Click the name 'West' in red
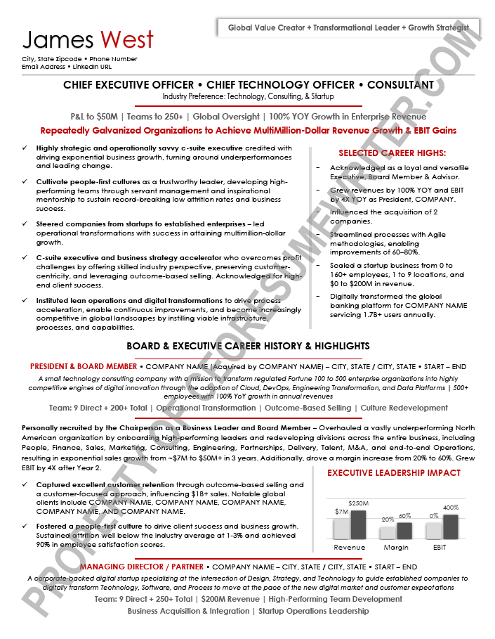tap(127, 40)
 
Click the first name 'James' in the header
tap(58, 40)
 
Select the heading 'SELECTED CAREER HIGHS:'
tap(392, 153)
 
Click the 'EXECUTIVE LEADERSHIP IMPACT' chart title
tap(394, 473)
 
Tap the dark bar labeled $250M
tap(358, 524)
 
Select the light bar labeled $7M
tap(341, 528)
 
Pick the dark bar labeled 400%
tap(450, 527)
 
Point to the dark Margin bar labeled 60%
tap(404, 530)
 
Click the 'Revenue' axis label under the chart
tap(349, 547)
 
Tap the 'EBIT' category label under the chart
tap(440, 547)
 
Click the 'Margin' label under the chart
tap(396, 547)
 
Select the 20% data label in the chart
tap(388, 519)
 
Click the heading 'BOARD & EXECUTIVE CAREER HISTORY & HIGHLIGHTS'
tap(248, 346)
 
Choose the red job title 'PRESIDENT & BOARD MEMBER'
tap(84, 367)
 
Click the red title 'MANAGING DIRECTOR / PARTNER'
tap(141, 567)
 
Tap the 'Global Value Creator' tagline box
tap(349, 28)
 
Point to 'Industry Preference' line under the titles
tap(248, 96)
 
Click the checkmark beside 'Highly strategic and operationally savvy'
tap(25, 148)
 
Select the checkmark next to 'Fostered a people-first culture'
tap(25, 527)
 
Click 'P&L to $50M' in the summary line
tap(94, 117)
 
